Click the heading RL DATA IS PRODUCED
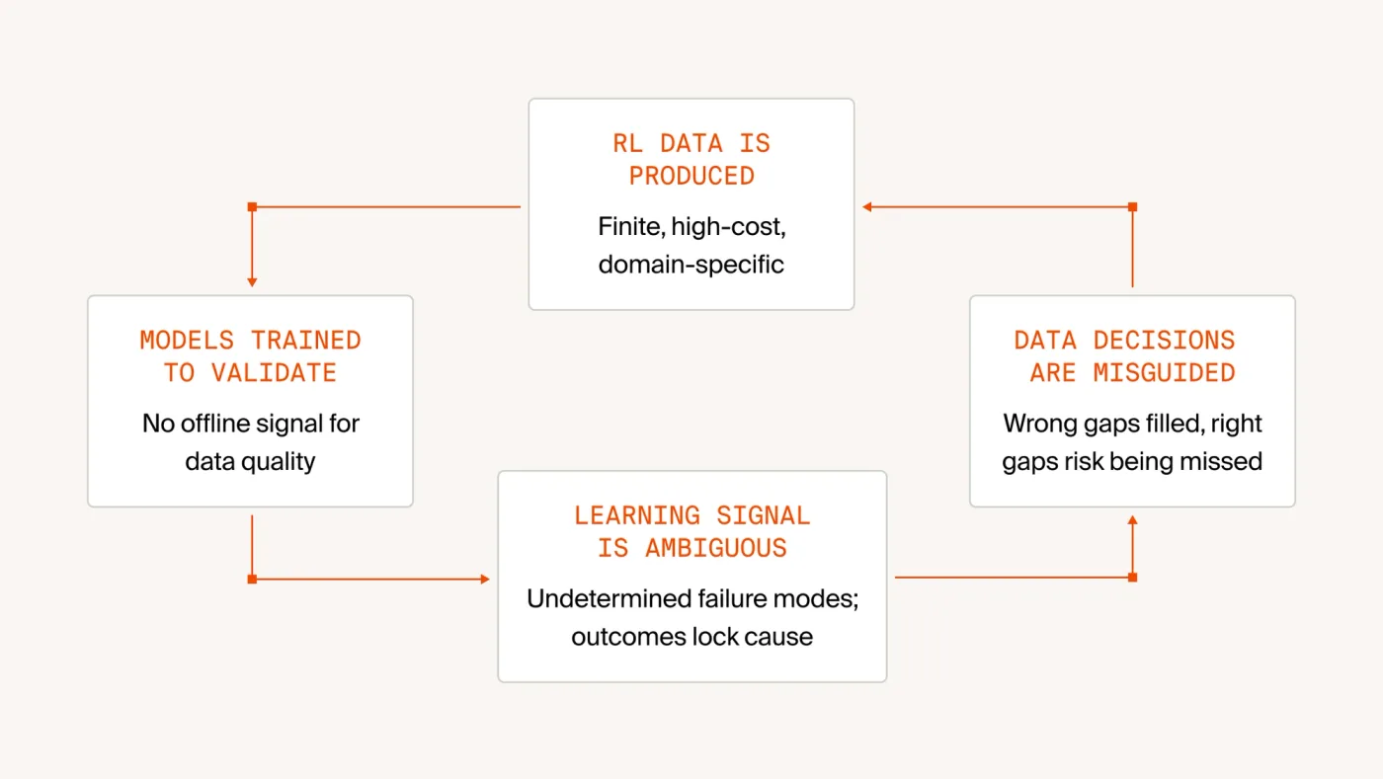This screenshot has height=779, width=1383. click(691, 160)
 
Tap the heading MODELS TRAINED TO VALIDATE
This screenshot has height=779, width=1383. click(250, 356)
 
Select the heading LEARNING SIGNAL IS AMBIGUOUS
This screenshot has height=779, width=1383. click(692, 532)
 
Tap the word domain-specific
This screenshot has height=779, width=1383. click(691, 265)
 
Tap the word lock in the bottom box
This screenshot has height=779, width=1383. click(717, 637)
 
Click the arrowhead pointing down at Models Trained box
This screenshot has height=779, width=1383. click(252, 282)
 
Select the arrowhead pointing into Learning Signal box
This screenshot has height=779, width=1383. click(485, 579)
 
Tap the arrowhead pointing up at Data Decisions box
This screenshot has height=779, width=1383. click(1132, 521)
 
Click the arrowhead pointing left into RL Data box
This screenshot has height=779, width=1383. click(867, 206)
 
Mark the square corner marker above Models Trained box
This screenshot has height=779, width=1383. click(252, 206)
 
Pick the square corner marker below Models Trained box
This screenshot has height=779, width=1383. click(252, 579)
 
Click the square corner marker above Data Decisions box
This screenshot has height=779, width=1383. click(1132, 206)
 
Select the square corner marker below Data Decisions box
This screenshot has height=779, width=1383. click(1132, 578)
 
